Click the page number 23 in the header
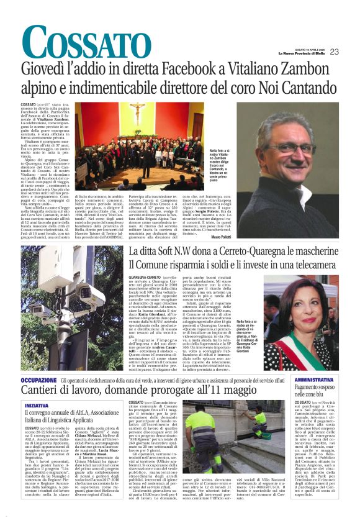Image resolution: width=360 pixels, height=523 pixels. pos(351,52)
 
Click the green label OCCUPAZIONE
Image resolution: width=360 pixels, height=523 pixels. pos(39,380)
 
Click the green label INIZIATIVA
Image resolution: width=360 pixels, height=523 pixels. pos(37,405)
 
